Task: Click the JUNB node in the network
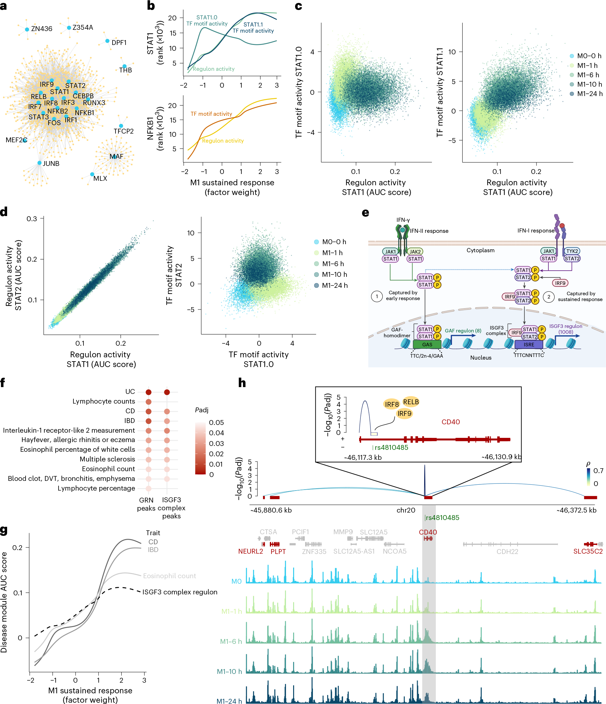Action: click(40, 163)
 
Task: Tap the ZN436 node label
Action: click(41, 29)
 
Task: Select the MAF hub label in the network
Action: click(116, 157)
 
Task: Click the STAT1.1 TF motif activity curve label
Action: click(253, 27)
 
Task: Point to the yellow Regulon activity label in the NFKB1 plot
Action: click(223, 141)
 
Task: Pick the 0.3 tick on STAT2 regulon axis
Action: click(32, 219)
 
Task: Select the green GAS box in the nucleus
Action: click(427, 344)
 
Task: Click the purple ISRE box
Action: click(529, 344)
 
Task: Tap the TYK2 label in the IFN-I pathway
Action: click(572, 251)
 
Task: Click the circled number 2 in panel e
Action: click(548, 297)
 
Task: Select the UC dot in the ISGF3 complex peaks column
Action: click(167, 392)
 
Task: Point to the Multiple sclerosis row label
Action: click(107, 459)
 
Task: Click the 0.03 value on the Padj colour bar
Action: click(216, 443)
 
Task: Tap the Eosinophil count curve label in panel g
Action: click(169, 576)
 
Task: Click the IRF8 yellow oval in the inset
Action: click(391, 404)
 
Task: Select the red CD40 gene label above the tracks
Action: click(428, 532)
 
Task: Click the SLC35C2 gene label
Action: click(588, 551)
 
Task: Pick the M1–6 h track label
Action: click(231, 642)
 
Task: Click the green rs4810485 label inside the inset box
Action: click(391, 448)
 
